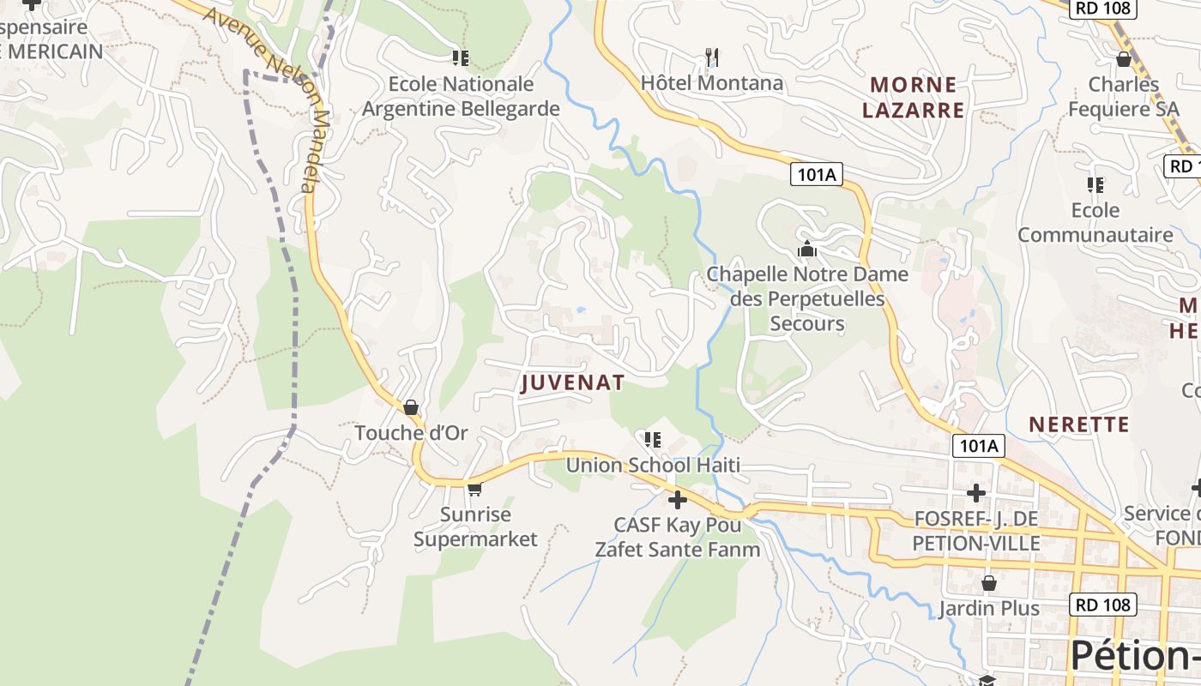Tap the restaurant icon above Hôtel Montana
point(711,57)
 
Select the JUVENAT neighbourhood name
point(572,383)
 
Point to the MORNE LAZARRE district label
point(914,97)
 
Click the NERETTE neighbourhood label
point(1078,424)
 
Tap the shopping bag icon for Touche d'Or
point(411,407)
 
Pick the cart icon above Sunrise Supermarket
point(474,489)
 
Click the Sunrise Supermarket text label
point(475,527)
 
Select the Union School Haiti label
point(653,466)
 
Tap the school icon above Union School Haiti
point(653,440)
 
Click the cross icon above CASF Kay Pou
point(678,499)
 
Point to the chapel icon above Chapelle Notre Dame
point(806,250)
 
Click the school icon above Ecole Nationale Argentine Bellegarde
point(461,58)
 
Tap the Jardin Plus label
point(988,609)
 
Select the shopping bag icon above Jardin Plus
point(988,583)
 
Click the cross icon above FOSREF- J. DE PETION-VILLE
point(976,493)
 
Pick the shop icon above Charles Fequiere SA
point(1123,59)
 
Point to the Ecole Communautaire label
point(1095,222)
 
